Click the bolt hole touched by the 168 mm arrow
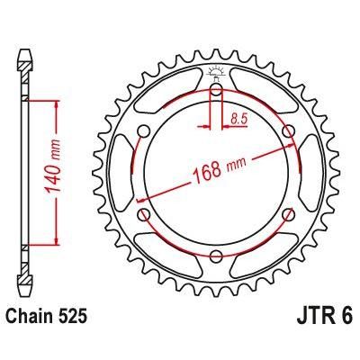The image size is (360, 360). click(288, 132)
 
